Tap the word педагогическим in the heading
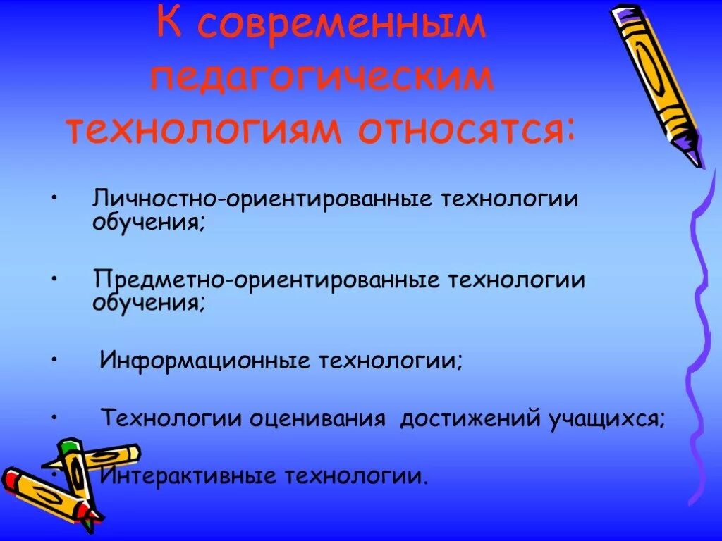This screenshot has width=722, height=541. point(322,77)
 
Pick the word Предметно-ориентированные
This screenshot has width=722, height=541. point(265,280)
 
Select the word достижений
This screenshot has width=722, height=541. point(469,419)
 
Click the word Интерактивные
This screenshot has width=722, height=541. point(188,477)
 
